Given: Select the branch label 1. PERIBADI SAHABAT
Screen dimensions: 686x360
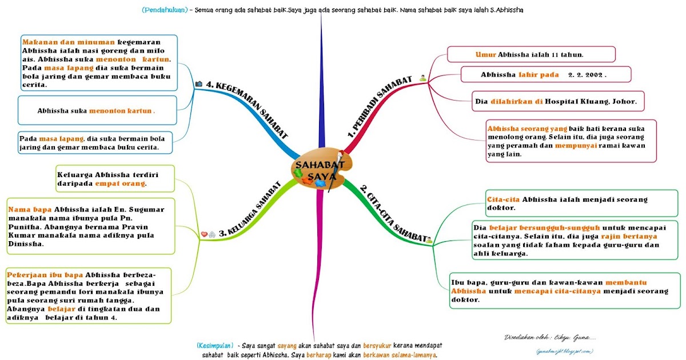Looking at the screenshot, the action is [x=380, y=109].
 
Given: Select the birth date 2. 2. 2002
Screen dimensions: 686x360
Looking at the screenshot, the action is [x=587, y=75].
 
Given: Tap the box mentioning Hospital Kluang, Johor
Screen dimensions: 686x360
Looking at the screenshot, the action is [x=559, y=102].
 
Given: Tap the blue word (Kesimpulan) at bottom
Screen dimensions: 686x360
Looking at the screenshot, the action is [x=214, y=346].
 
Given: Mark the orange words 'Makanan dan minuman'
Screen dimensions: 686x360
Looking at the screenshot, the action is [x=67, y=42].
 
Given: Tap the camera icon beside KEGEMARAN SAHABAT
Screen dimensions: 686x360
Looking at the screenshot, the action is [x=199, y=84].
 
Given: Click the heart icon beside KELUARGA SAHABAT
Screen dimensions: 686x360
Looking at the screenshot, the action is [x=204, y=234].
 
